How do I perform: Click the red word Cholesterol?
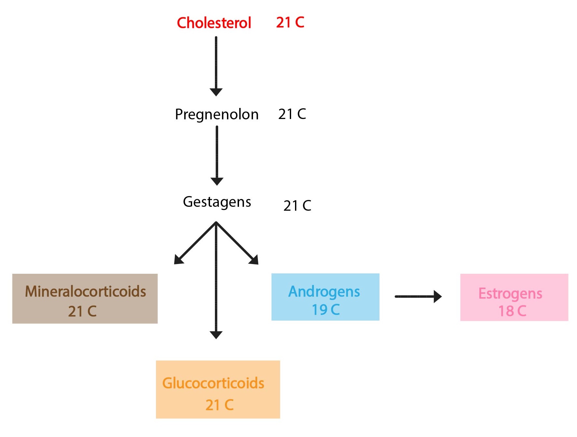(214, 23)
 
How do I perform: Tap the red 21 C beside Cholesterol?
(290, 22)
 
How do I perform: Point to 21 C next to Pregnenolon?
(292, 114)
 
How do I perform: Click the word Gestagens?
(217, 202)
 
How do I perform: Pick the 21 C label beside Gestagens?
(297, 205)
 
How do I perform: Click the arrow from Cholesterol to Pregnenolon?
(216, 66)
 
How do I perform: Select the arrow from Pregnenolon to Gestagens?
(217, 156)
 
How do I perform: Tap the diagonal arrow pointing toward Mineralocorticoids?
(195, 243)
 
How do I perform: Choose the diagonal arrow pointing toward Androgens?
(237, 243)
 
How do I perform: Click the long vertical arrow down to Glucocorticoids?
(216, 280)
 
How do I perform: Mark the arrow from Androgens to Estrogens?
(418, 297)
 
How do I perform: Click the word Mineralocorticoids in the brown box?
(85, 291)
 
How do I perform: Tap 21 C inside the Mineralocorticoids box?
(82, 311)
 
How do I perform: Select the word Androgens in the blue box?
(324, 292)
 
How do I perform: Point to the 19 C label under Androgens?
(326, 310)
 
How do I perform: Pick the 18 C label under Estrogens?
(512, 311)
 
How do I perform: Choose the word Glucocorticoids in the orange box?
(213, 383)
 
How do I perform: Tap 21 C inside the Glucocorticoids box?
(219, 405)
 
